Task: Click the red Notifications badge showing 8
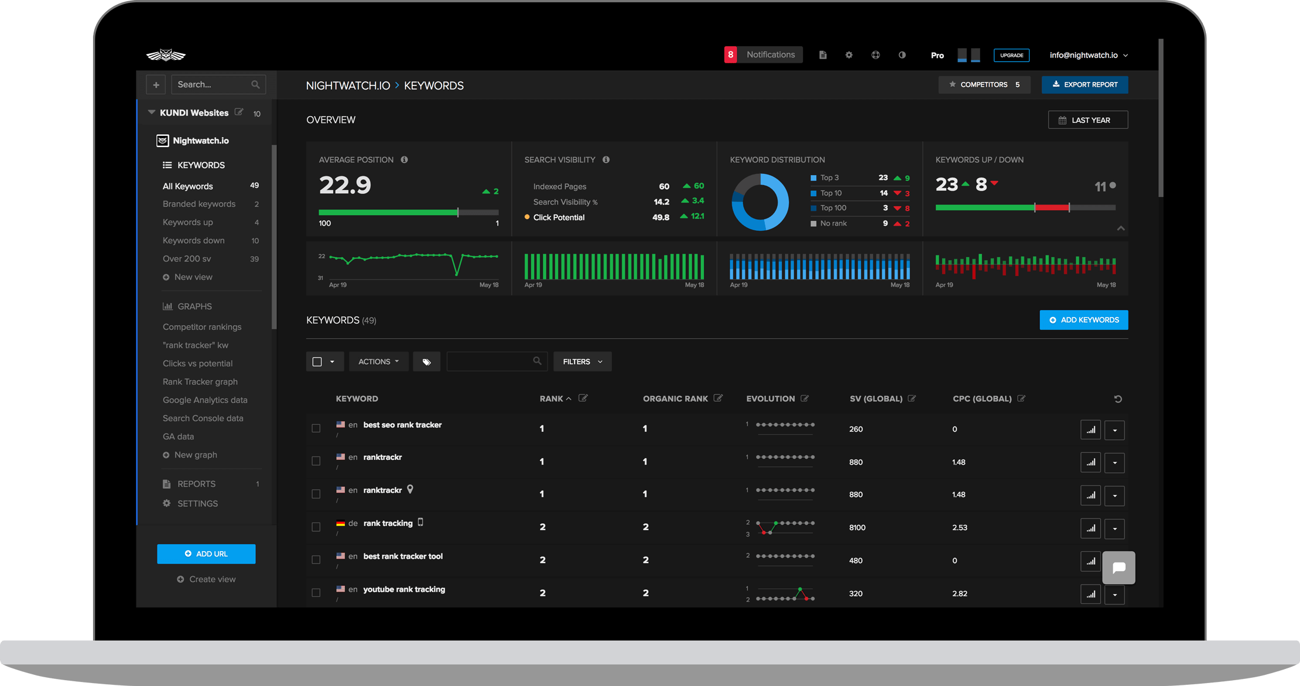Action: (x=730, y=54)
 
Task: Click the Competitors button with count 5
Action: (x=984, y=84)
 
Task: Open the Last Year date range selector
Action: (x=1087, y=120)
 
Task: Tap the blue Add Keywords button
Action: (x=1083, y=320)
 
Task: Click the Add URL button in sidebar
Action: (x=206, y=554)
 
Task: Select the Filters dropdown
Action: (x=582, y=361)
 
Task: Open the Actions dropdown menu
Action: (x=378, y=361)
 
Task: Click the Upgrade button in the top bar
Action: (x=1011, y=55)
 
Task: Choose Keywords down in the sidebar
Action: (x=194, y=240)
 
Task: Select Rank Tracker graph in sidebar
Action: (x=200, y=381)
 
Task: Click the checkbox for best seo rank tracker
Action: (x=316, y=428)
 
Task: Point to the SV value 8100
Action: (x=857, y=527)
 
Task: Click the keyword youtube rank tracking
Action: (x=404, y=589)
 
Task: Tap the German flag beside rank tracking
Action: (x=340, y=523)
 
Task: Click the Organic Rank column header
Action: (x=675, y=398)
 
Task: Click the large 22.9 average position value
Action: (x=345, y=186)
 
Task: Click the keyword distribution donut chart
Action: (x=760, y=202)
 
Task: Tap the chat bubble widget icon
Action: (x=1118, y=567)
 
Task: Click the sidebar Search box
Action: (x=213, y=84)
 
